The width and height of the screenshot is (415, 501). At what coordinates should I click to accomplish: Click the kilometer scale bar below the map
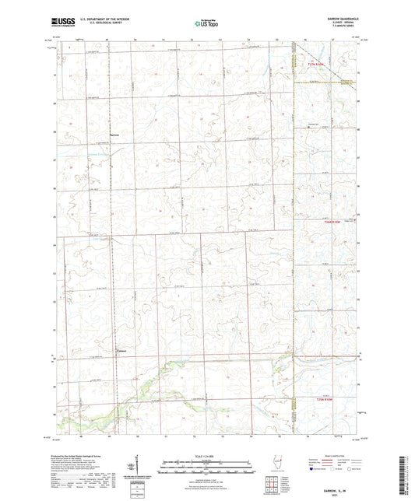207,464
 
